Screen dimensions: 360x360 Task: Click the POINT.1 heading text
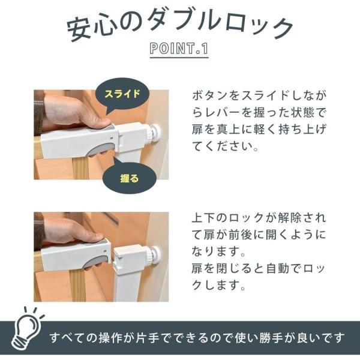coord(179,49)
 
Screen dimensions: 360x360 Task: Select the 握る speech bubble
coord(129,177)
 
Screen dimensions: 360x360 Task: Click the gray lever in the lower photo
coord(97,262)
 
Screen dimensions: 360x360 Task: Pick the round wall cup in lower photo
coord(154,256)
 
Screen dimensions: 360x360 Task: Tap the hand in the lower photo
coord(73,232)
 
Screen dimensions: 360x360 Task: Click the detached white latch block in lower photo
coord(130,257)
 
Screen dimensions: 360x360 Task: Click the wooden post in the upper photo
coord(80,168)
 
